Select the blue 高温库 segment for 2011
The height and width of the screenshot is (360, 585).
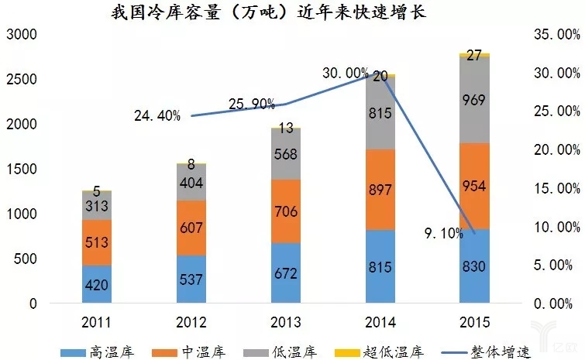click(97, 284)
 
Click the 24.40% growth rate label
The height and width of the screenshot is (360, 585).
click(157, 116)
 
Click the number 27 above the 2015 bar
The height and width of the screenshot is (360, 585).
click(474, 55)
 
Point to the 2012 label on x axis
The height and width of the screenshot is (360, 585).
click(191, 321)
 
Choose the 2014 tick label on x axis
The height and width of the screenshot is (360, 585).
click(380, 321)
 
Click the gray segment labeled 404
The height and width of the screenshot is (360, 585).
click(191, 183)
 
